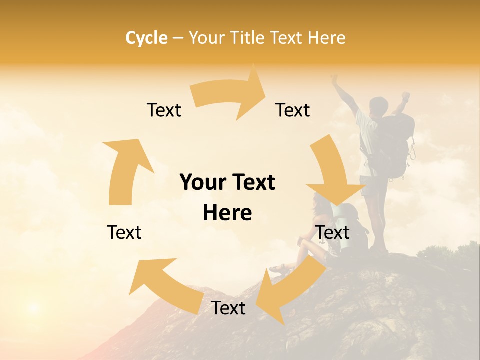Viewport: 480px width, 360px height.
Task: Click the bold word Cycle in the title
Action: (146, 37)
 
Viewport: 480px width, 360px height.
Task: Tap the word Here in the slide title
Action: (327, 37)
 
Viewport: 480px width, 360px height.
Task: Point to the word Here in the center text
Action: (227, 213)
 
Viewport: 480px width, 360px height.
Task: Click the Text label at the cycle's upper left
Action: (164, 110)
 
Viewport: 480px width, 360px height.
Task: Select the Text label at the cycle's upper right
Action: (293, 110)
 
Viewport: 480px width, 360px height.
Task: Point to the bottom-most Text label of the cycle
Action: (228, 308)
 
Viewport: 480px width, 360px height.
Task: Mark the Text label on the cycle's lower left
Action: (124, 232)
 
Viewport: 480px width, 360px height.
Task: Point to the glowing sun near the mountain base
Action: (33, 306)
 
